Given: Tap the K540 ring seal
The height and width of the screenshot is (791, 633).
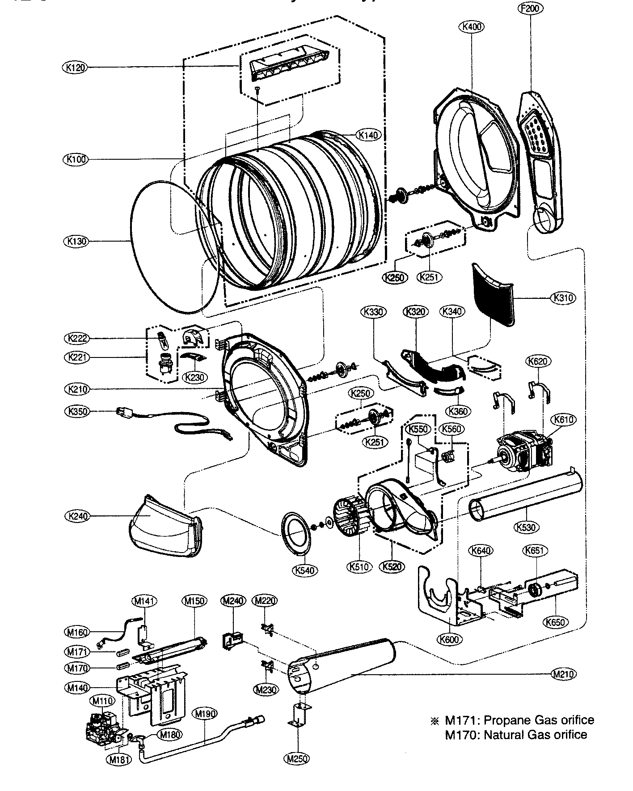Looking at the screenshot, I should coord(295,533).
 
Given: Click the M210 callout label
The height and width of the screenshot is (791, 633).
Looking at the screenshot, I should coord(563,674).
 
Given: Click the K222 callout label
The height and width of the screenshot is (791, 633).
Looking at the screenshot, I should coord(77,339).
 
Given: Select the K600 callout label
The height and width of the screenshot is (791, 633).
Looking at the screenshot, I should coord(449,640).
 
